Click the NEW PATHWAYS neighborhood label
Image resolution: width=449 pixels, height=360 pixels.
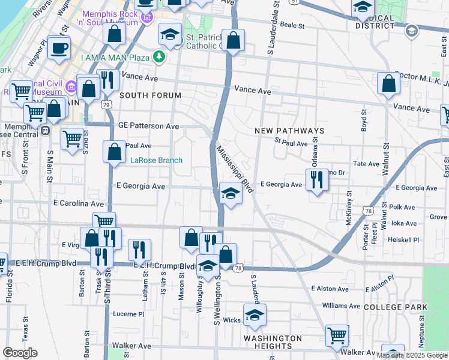click(289, 131)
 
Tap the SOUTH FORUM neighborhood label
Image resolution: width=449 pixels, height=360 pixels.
click(150, 95)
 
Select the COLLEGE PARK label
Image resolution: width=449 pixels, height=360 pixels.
click(395, 307)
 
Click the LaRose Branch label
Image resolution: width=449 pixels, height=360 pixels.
click(156, 160)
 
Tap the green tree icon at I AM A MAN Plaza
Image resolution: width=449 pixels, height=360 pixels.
click(159, 57)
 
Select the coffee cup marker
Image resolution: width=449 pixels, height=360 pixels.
click(59, 49)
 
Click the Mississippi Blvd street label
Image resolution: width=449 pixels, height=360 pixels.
click(235, 168)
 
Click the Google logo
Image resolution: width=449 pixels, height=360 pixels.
click(20, 353)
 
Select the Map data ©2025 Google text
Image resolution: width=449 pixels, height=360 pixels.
click(412, 355)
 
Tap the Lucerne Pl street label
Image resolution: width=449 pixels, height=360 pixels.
click(130, 314)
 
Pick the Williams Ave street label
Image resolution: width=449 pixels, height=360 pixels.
click(343, 305)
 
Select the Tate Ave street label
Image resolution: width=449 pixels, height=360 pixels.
click(367, 163)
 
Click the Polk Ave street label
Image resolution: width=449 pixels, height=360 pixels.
click(402, 207)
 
